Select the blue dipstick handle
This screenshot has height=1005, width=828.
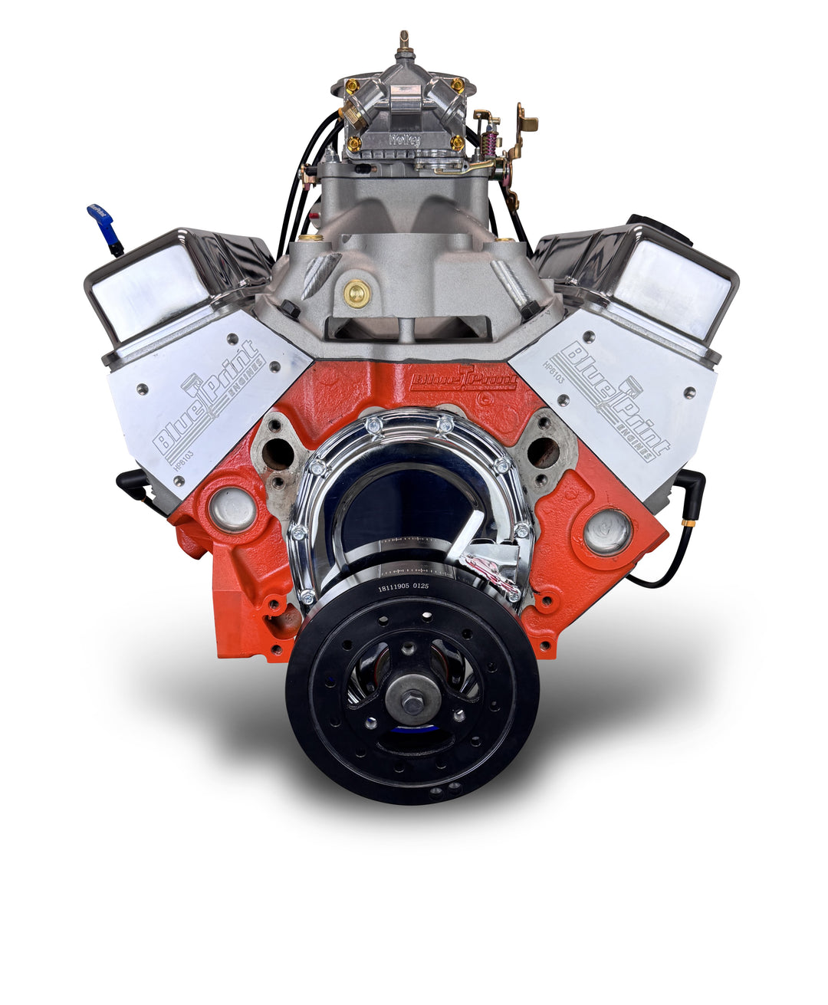(x=102, y=220)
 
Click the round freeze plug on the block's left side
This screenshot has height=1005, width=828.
(x=232, y=510)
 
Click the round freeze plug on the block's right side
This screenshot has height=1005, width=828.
(x=607, y=531)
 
